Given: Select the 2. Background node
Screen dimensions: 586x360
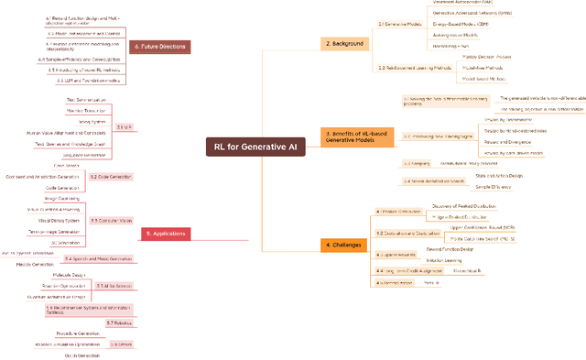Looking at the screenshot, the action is click(344, 43).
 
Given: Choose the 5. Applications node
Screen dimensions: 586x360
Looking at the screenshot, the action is click(167, 234).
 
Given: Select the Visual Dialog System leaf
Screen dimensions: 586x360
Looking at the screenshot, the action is click(60, 221).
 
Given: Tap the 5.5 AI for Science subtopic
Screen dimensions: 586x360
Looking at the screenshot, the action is click(113, 286).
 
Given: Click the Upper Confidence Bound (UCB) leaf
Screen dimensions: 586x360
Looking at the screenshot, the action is click(483, 226).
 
